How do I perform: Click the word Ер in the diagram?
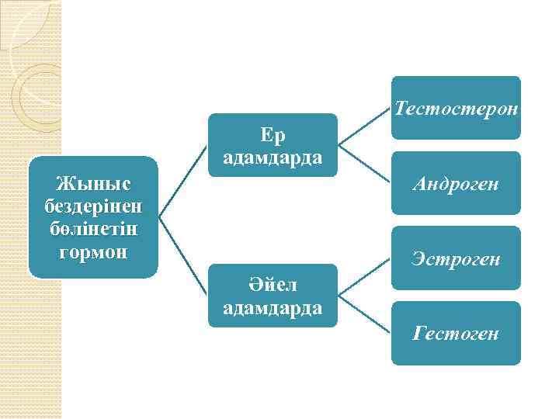tap(273, 135)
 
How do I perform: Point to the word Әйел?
tap(273, 286)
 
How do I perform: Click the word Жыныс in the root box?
tap(94, 184)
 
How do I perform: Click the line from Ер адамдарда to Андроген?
tap(365, 164)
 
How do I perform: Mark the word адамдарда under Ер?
tap(273, 158)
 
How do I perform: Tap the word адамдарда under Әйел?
tap(273, 308)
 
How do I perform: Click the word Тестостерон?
tap(457, 108)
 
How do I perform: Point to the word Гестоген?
tap(457, 334)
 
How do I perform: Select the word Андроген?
tap(457, 184)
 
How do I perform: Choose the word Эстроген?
tap(457, 258)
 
